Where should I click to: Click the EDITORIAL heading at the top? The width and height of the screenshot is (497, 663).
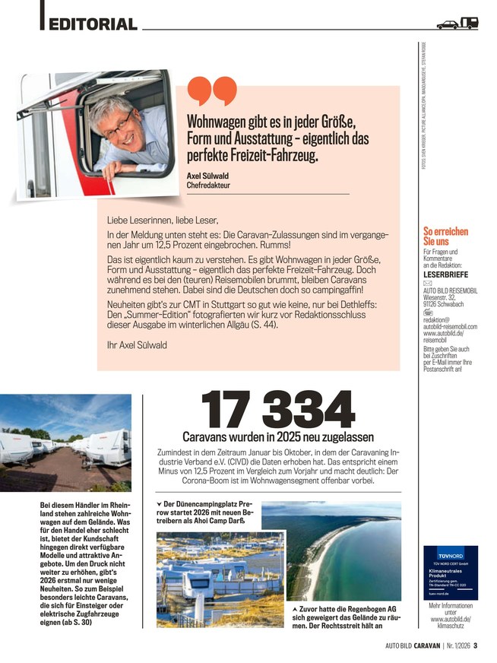[x=93, y=24]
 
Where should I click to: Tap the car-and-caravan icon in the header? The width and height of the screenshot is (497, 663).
[x=457, y=24]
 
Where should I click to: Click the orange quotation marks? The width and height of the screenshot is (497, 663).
[x=211, y=91]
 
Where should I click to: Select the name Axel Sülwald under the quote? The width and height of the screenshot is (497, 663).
[x=207, y=176]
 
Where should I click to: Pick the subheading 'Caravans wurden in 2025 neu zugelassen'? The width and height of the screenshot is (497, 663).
[x=278, y=437]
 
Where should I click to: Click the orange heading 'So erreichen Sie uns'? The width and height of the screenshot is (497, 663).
[x=445, y=236]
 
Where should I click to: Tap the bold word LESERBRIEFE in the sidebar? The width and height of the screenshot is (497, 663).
[x=445, y=274]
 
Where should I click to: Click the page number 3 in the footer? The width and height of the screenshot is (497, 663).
[x=476, y=647]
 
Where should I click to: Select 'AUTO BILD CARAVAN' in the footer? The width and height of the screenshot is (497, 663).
[x=414, y=647]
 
